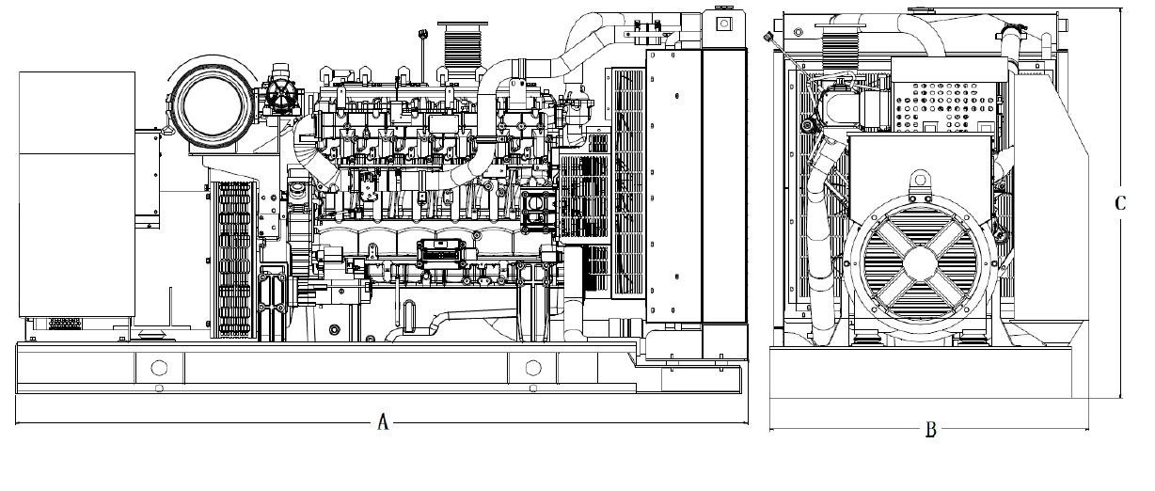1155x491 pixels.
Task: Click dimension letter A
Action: coord(383,422)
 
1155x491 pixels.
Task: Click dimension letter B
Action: coord(931,429)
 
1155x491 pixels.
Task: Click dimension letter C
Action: coord(1120,203)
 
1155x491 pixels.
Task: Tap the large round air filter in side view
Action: coord(212,108)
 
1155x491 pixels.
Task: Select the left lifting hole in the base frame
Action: coord(159,368)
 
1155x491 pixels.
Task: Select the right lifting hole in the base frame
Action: coord(533,368)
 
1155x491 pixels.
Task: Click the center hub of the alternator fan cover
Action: coord(921,263)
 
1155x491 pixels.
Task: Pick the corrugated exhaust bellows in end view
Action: coord(839,49)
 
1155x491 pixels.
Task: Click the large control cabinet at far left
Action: coord(77,194)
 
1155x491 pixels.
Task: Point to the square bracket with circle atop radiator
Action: coord(724,24)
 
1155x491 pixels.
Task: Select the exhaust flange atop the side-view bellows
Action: coord(463,25)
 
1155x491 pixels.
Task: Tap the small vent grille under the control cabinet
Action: coord(65,324)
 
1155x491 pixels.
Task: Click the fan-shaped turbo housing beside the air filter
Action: coord(281,94)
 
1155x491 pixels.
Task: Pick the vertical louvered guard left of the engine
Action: coord(234,260)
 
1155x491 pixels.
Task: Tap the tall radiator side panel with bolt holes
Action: coord(674,186)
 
